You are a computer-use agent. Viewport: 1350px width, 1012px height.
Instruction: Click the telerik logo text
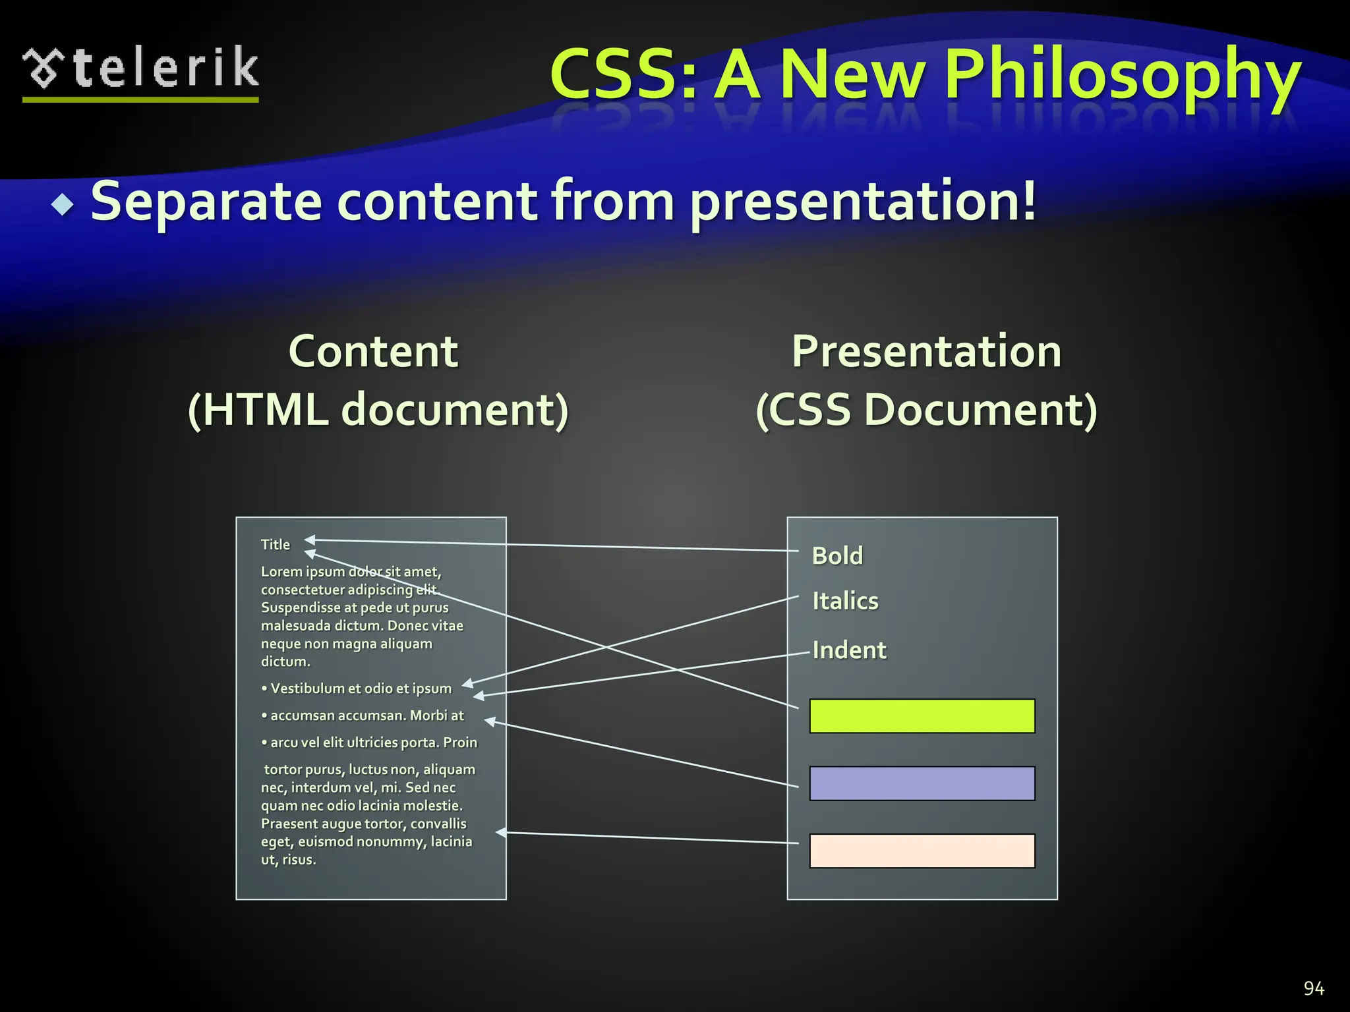pos(165,68)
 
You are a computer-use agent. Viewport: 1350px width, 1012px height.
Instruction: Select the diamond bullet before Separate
pos(63,205)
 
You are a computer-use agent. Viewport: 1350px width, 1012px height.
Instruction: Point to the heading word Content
pos(373,351)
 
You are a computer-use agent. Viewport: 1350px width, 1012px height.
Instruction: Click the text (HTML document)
pos(378,410)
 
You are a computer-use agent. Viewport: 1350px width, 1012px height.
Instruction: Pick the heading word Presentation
pos(926,351)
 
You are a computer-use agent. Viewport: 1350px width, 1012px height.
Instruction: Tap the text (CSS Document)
pos(926,410)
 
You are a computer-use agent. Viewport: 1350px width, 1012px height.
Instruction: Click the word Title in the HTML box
pos(275,545)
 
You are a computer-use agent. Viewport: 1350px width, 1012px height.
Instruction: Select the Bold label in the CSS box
pos(837,556)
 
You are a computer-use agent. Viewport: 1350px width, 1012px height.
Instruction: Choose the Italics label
pos(845,601)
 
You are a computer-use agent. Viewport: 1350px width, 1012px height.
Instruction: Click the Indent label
pos(849,650)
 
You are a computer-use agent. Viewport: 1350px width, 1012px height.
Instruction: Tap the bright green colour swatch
pos(922,716)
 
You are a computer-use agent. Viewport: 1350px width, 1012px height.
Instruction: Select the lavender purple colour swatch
pos(922,783)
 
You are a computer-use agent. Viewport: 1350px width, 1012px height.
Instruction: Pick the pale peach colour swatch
pos(922,851)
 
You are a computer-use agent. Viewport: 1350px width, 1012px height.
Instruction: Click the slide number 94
pos(1314,988)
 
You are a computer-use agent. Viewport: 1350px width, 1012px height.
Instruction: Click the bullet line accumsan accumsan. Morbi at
pos(367,716)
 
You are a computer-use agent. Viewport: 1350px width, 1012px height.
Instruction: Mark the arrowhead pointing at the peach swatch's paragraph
pos(501,833)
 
